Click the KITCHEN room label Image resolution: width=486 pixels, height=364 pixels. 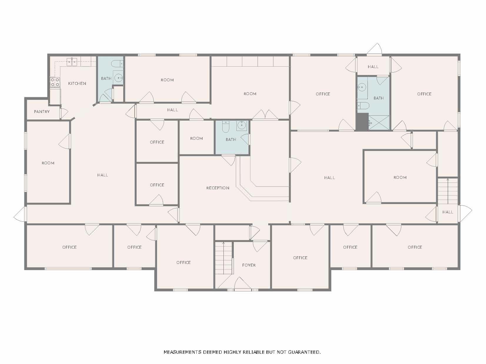coord(77,83)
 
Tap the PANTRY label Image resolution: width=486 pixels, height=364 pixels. coord(42,112)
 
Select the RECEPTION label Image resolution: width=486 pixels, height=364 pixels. coord(218,188)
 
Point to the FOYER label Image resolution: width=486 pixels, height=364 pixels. coord(249,265)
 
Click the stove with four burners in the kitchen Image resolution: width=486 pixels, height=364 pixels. coord(55,82)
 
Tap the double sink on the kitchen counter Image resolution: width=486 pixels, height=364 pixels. coord(72,62)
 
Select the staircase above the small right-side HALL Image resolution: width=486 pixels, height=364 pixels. coord(448,191)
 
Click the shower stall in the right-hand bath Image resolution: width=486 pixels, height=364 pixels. coord(379,122)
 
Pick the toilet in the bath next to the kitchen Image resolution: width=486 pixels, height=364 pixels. coord(117,64)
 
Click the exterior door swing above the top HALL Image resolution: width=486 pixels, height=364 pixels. coord(375,49)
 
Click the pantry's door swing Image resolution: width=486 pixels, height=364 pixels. coord(64,113)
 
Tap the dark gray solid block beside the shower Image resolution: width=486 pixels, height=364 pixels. coord(362,122)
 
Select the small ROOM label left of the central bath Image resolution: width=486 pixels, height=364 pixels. coord(197,138)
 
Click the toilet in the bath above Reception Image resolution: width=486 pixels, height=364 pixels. coord(226,127)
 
